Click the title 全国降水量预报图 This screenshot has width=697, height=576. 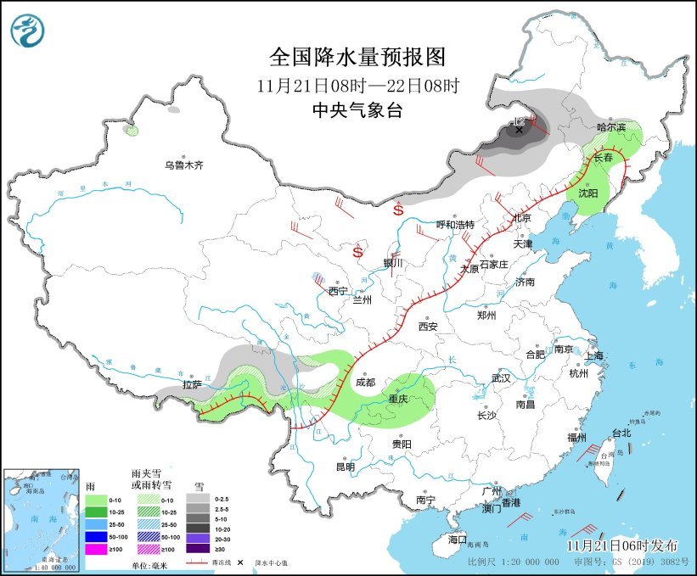tap(357, 57)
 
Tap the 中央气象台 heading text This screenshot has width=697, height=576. tap(357, 110)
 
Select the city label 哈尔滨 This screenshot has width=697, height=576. tap(610, 127)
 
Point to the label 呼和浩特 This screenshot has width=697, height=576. tap(455, 225)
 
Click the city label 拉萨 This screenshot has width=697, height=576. tap(193, 384)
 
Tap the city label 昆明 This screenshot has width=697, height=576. tap(345, 467)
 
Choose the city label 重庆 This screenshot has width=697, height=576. tap(398, 399)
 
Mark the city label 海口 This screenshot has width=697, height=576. tap(457, 540)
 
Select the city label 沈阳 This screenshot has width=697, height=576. tap(587, 193)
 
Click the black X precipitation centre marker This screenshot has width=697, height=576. tap(520, 130)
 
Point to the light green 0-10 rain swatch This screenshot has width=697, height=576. tap(96, 500)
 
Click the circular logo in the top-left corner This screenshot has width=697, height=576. tap(25, 31)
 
